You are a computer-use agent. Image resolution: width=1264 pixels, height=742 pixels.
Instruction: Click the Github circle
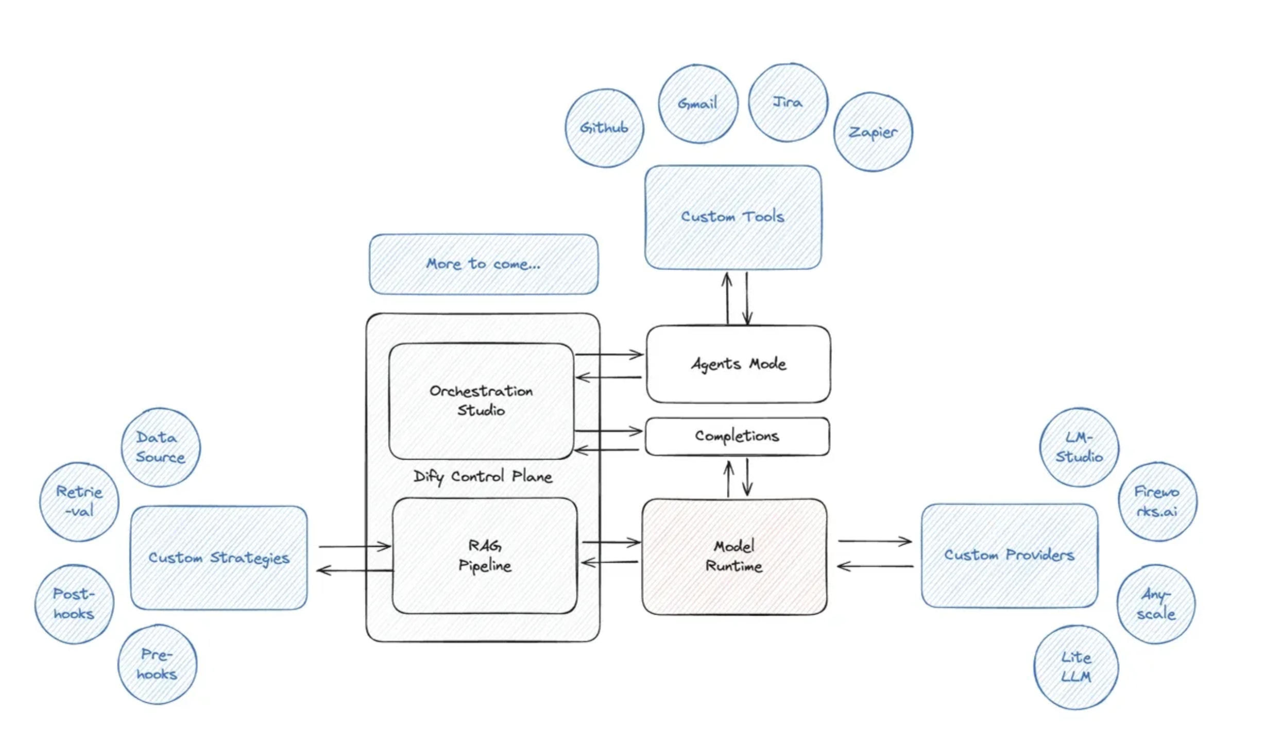click(604, 128)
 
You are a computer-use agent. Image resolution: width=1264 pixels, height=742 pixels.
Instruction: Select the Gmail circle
click(698, 104)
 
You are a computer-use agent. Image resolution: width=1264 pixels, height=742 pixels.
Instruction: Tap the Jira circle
click(788, 103)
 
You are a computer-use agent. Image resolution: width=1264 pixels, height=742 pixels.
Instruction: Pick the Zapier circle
click(873, 132)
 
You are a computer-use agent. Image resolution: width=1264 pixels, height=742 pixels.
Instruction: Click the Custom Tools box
click(733, 217)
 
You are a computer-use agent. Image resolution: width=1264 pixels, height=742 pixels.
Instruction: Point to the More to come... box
click(484, 264)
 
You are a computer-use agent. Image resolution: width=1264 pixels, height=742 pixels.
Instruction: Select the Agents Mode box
click(738, 364)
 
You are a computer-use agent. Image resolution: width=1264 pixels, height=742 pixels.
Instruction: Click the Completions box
click(737, 436)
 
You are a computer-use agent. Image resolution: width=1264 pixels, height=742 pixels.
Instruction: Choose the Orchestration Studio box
click(481, 401)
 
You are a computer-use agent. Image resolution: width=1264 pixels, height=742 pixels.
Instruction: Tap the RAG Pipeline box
click(485, 555)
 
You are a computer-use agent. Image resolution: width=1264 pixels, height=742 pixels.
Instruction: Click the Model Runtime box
click(735, 556)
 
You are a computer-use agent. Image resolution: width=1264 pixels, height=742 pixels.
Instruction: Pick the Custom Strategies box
click(219, 558)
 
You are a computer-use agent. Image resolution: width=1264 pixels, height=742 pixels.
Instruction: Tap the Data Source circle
click(161, 447)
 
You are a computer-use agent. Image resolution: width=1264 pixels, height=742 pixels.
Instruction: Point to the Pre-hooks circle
click(157, 665)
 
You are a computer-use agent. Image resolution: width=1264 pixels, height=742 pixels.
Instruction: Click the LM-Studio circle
click(1079, 447)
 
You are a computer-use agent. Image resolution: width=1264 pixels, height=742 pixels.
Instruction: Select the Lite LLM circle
click(1076, 667)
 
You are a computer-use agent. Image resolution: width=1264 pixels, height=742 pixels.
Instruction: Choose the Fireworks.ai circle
click(1157, 501)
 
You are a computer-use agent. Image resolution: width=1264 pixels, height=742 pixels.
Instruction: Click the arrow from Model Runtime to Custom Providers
click(875, 542)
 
